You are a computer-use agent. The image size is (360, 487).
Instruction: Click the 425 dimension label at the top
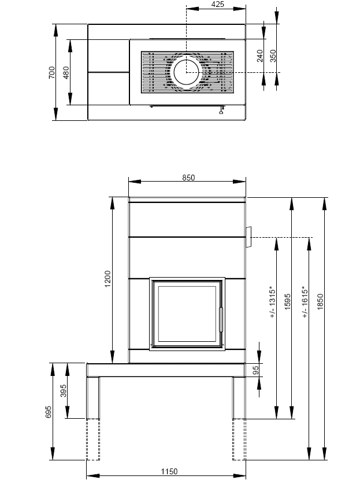tap(217, 5)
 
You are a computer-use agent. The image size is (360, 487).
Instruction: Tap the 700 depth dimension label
tap(52, 72)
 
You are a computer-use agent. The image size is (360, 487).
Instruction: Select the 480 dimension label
tap(66, 72)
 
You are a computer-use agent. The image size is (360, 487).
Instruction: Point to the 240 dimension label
tap(260, 56)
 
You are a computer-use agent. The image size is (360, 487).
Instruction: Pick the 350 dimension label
tap(273, 56)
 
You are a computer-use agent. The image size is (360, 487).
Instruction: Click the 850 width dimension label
tap(188, 178)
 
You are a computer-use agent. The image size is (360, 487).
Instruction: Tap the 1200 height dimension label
tap(107, 279)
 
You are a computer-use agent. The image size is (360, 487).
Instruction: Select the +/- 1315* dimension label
tap(272, 302)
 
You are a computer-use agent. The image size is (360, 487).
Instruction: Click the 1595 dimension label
tap(287, 302)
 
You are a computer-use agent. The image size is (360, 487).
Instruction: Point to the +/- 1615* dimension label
tap(305, 302)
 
